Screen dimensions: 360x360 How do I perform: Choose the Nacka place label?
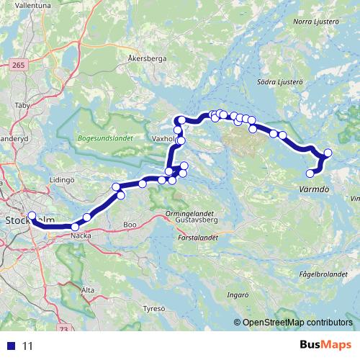point(81,235)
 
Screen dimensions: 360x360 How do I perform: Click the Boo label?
point(130,225)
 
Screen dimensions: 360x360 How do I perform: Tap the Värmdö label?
point(313,190)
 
